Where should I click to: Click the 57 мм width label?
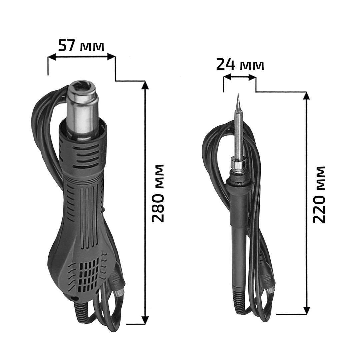[x=81, y=45]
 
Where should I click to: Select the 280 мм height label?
[x=158, y=193]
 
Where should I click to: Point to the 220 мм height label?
[x=319, y=194]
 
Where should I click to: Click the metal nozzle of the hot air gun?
[x=83, y=110]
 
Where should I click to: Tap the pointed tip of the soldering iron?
[x=238, y=94]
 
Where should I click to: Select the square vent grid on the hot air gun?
[x=88, y=274]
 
